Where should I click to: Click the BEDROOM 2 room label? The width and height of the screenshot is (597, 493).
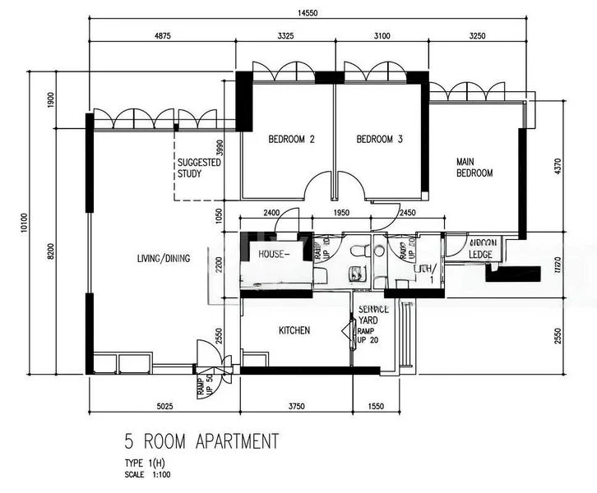(x=292, y=140)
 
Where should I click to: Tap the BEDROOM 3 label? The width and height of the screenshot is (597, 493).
(x=379, y=140)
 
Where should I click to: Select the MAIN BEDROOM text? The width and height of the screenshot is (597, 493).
(x=474, y=168)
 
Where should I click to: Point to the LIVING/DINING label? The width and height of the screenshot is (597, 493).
(x=164, y=259)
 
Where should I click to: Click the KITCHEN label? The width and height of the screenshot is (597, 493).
(x=294, y=330)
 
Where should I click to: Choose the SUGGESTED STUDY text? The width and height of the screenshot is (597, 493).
(x=200, y=168)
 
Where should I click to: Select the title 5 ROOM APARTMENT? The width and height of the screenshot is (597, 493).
(x=201, y=441)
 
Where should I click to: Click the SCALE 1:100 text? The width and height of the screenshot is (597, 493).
(x=149, y=474)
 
